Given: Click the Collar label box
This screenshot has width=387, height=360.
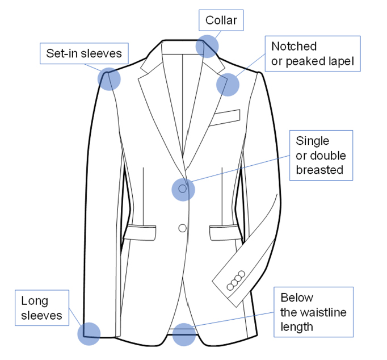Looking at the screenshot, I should pyautogui.click(x=221, y=21).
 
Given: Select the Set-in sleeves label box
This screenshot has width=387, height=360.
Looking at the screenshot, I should pyautogui.click(x=84, y=54).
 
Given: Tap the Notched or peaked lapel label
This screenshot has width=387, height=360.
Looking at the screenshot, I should pyautogui.click(x=313, y=54).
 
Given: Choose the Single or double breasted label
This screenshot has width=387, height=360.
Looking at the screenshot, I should pyautogui.click(x=321, y=156).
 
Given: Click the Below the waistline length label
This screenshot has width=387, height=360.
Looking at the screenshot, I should pyautogui.click(x=313, y=312).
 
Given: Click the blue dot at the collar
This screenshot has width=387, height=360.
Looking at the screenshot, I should pyautogui.click(x=207, y=46).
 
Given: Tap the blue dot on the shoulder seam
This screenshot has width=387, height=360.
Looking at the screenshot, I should pyautogui.click(x=110, y=79).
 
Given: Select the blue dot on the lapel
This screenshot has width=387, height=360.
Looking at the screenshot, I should pyautogui.click(x=228, y=85).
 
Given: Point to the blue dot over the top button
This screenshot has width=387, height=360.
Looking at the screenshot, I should pyautogui.click(x=183, y=189).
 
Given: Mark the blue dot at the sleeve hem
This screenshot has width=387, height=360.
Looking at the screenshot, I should pyautogui.click(x=89, y=333).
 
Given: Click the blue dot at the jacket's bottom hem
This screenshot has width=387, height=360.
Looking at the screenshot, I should pyautogui.click(x=184, y=334).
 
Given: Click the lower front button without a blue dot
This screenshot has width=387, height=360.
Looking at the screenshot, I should pyautogui.click(x=182, y=228).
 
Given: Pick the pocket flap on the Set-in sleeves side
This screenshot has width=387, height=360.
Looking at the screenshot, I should pyautogui.click(x=140, y=232).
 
